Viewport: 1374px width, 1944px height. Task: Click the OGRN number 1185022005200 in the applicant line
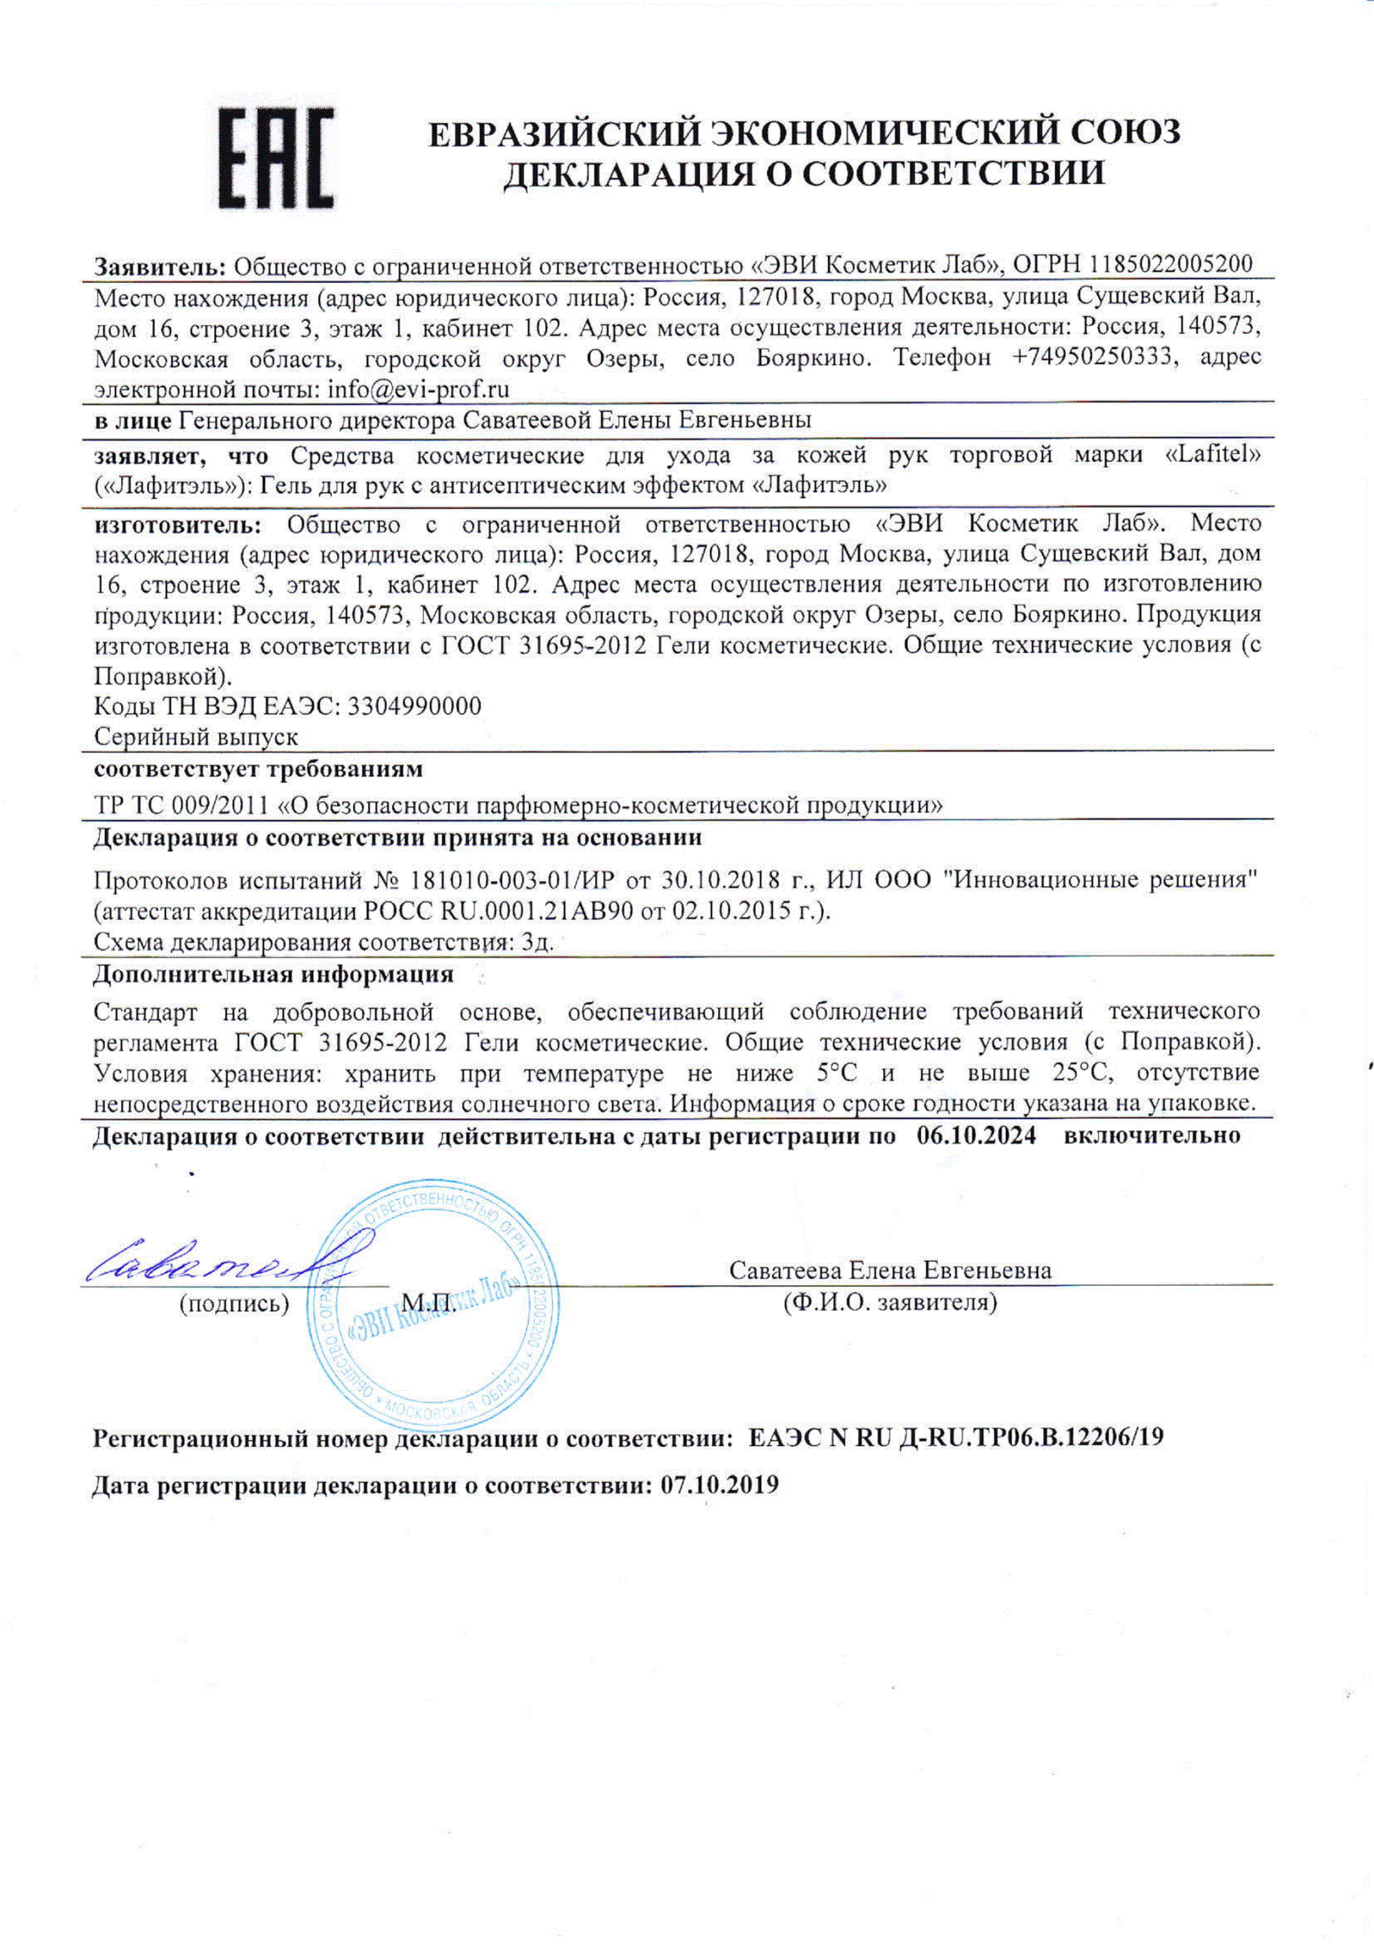pos(1171,264)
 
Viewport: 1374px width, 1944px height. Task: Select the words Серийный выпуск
pos(196,737)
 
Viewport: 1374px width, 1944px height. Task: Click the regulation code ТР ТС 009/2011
pos(182,804)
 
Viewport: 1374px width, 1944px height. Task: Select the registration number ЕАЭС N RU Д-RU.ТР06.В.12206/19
pos(957,1437)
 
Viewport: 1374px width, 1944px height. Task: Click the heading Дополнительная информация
pos(272,975)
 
